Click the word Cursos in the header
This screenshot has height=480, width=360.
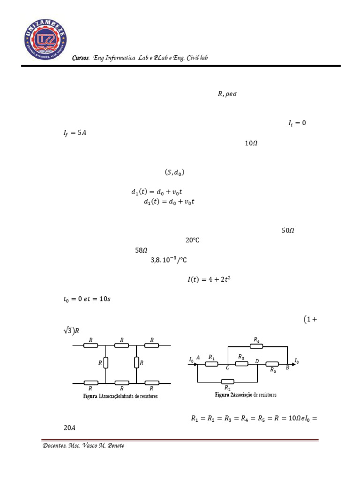[81, 58]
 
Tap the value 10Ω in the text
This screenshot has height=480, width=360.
[251, 143]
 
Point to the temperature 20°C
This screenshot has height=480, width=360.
[193, 240]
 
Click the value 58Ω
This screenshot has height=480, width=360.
[142, 250]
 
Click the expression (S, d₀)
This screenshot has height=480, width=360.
[174, 172]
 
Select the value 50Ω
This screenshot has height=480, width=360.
[287, 230]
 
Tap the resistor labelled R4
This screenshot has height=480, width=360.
[256, 346]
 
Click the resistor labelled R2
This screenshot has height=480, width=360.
[228, 382]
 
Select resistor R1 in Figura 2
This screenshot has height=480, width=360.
[211, 363]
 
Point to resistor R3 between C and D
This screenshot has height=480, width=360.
[241, 363]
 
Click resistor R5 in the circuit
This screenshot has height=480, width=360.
[273, 363]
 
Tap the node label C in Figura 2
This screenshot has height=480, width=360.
[227, 368]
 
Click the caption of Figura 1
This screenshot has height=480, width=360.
[121, 396]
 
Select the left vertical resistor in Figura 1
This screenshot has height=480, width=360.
[106, 362]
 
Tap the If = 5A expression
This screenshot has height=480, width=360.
[75, 133]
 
